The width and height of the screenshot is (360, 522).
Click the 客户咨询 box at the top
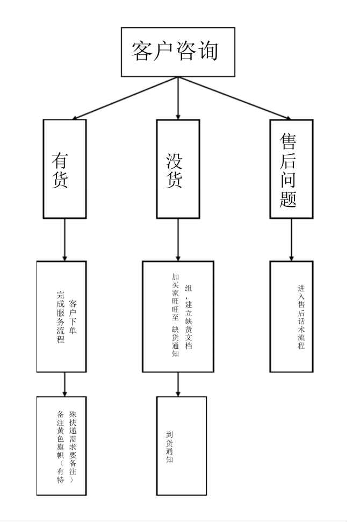click(177, 52)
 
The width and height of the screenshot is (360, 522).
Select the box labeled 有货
click(64, 168)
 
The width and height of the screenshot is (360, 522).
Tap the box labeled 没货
click(178, 168)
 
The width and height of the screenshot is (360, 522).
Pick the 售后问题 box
click(291, 168)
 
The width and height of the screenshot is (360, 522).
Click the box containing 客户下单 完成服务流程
click(61, 317)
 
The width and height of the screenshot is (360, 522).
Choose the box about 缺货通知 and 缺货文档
click(178, 317)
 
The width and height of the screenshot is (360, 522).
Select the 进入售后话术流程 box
click(291, 317)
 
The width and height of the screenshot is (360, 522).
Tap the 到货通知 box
click(181, 446)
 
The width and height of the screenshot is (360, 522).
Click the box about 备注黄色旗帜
click(61, 446)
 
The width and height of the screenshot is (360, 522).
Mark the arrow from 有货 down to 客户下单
click(64, 240)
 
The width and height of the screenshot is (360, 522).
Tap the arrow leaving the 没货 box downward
click(178, 240)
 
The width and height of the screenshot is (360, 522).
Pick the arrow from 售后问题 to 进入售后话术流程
click(291, 240)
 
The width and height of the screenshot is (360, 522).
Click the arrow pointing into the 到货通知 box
click(178, 385)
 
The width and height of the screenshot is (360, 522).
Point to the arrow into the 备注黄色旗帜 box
click(64, 385)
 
